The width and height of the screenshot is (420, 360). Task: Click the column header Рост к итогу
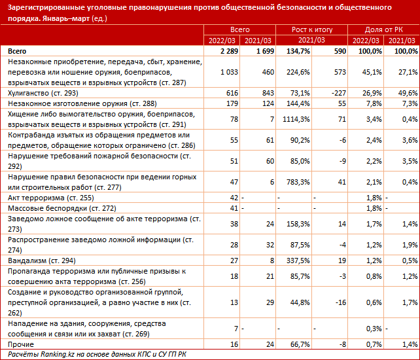tap(313, 31)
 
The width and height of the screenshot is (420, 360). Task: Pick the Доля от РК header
tap(383, 31)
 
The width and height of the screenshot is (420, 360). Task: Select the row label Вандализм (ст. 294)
tap(42, 260)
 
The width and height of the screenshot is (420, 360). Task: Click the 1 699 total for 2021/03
tap(262, 50)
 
